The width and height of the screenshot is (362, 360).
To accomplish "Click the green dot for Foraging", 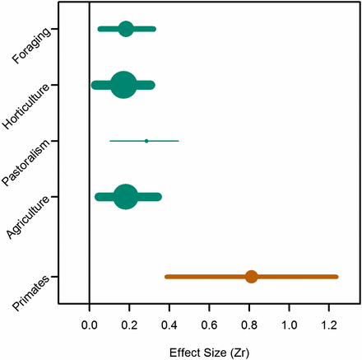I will point(126,30).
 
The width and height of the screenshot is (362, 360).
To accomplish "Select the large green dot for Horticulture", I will point(123,85).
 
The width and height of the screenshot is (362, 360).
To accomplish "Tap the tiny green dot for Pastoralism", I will point(146,141).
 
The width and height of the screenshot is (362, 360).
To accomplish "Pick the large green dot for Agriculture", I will point(126,197).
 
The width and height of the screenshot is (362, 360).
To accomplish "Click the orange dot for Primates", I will point(252,277).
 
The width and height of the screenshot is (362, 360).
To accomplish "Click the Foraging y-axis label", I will point(34,44).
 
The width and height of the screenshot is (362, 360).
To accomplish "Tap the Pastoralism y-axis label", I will point(30,163).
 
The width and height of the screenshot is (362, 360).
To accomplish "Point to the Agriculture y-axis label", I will point(30,217).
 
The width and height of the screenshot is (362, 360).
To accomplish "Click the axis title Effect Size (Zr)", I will point(209,350).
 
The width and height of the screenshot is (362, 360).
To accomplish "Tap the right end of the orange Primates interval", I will point(337,277).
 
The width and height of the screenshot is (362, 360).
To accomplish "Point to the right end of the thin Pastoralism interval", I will point(179,141).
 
